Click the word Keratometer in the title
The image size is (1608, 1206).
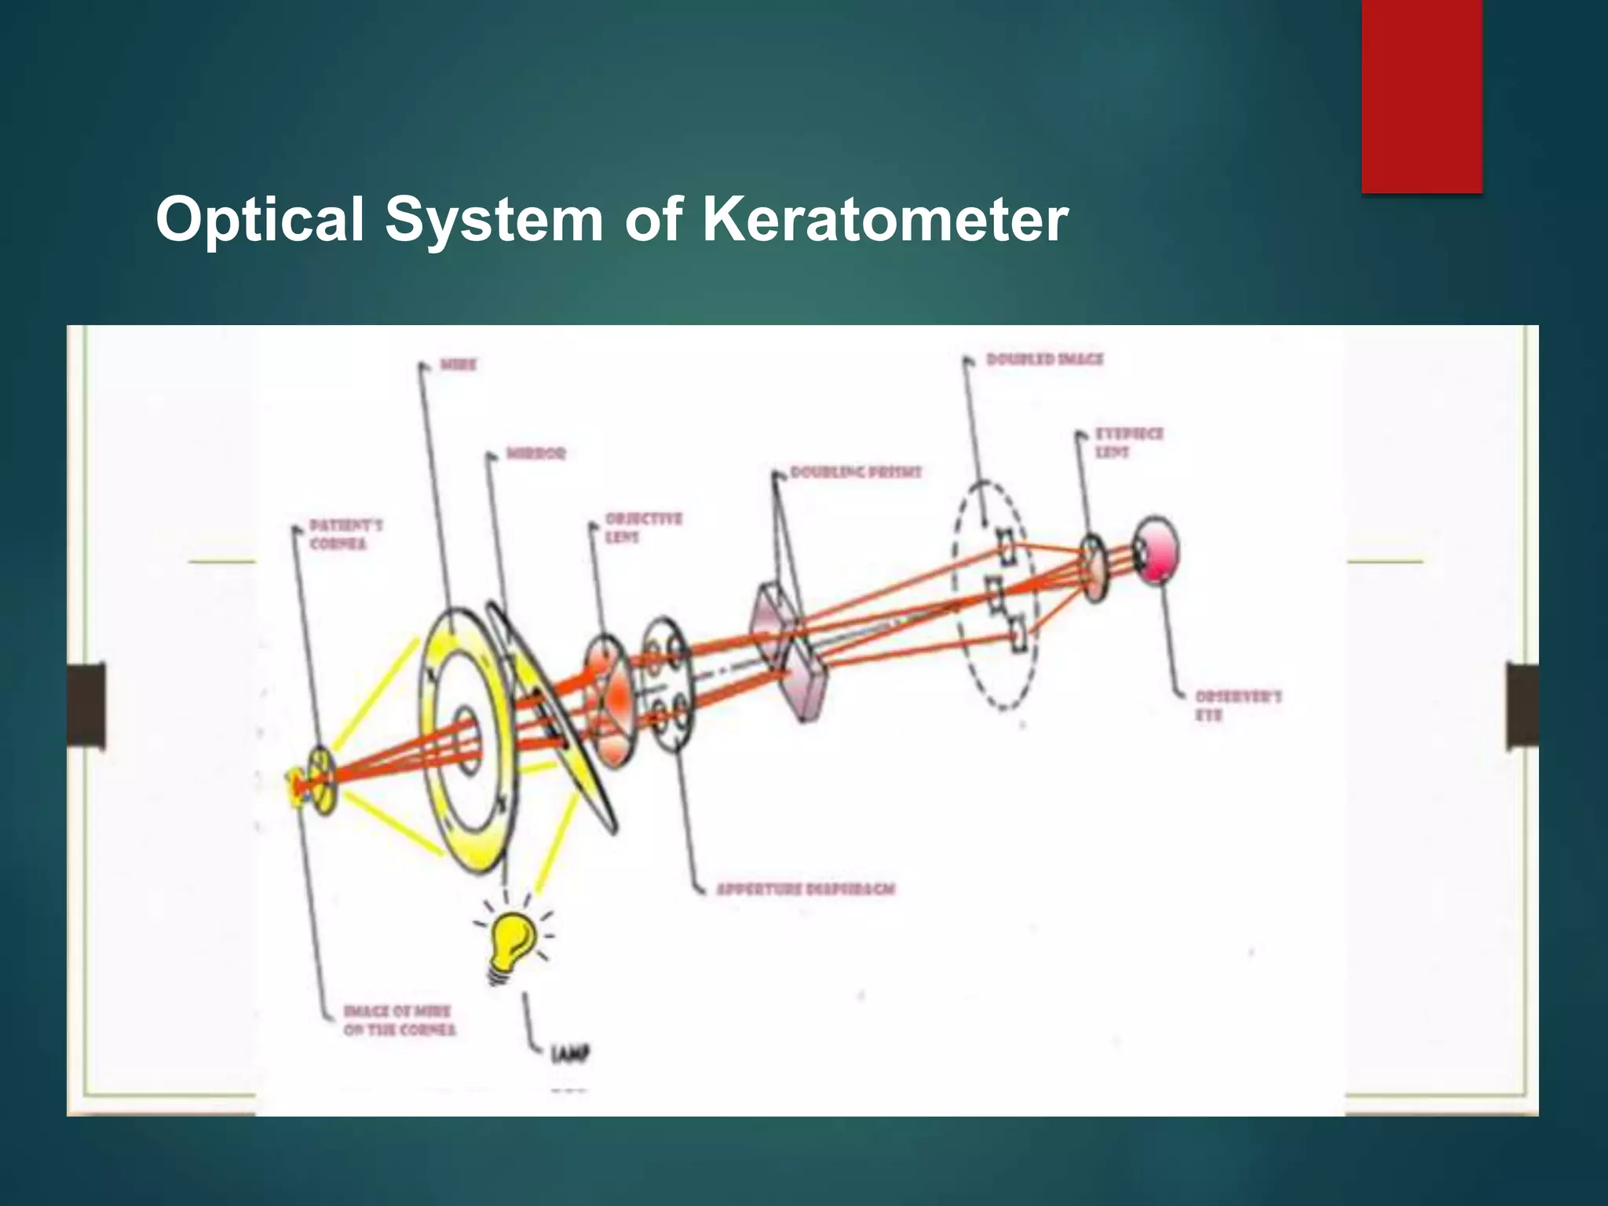click(885, 220)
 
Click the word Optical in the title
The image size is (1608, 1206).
click(260, 220)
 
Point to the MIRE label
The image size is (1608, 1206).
click(458, 365)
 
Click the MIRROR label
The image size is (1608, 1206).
click(535, 454)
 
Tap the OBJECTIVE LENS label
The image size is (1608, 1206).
click(643, 528)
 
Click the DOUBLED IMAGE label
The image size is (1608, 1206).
click(1044, 360)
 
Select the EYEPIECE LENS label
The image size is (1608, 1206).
click(1129, 443)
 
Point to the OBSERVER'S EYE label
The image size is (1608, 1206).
click(1237, 705)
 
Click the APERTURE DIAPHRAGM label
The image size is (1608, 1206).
click(806, 890)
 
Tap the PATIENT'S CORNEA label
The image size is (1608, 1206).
click(345, 534)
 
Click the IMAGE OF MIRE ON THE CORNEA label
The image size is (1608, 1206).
click(399, 1020)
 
